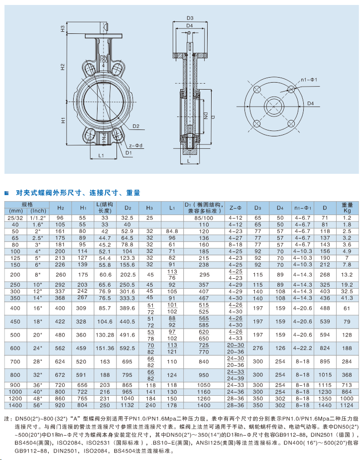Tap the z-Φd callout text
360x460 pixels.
click(136, 145)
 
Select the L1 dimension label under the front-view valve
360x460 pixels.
click(101, 156)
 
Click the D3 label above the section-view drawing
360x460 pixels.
click(190, 18)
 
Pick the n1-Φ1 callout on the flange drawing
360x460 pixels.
click(309, 80)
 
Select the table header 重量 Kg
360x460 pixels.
click(347, 208)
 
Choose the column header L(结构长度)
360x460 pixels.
click(105, 208)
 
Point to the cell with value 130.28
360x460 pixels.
click(105, 335)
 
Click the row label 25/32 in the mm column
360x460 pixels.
click(14, 218)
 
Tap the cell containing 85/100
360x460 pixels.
click(204, 218)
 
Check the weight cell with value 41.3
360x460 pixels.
click(347, 298)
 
